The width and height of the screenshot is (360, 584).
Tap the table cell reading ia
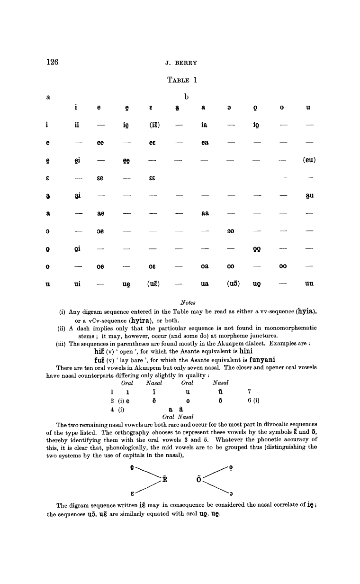(205, 126)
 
